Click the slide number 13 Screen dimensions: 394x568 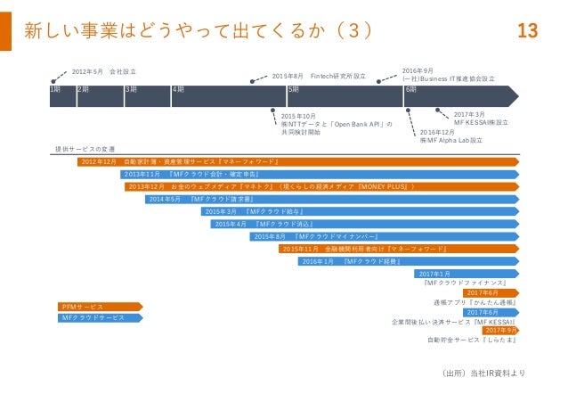click(527, 31)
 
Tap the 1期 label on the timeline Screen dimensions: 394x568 click(56, 90)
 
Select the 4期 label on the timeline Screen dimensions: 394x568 click(177, 90)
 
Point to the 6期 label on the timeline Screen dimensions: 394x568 click(411, 90)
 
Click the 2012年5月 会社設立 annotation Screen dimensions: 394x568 click(103, 70)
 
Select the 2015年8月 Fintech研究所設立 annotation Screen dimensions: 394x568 click(318, 77)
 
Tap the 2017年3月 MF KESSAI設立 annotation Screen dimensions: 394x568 click(481, 119)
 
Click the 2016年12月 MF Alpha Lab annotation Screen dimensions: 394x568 click(450, 135)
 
